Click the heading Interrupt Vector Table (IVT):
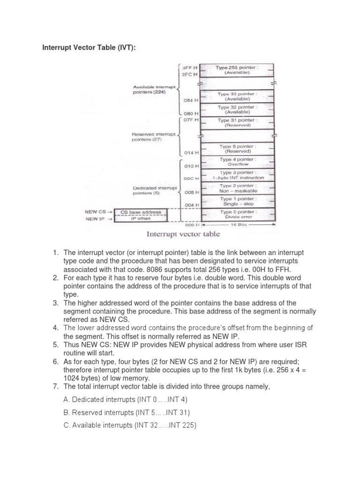[x=89, y=47]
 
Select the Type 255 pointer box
[x=237, y=70]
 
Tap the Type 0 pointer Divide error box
[x=237, y=215]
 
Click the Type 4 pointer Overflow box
[x=237, y=162]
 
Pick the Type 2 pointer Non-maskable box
[x=237, y=188]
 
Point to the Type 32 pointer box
[x=237, y=110]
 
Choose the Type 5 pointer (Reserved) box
[x=237, y=149]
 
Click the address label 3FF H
[x=190, y=67]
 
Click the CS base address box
[x=141, y=212]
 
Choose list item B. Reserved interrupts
[x=127, y=412]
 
